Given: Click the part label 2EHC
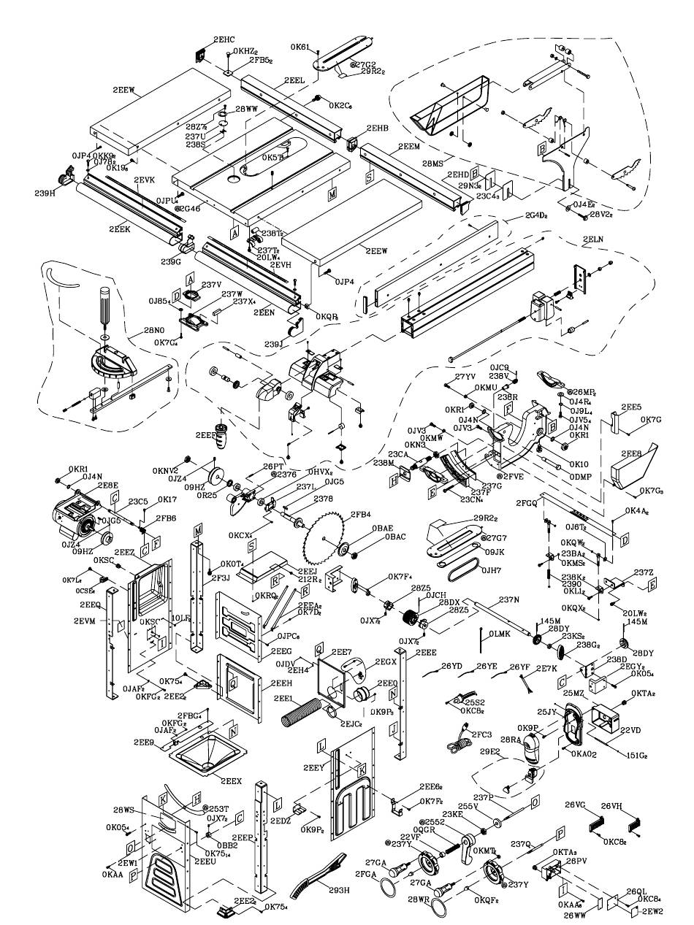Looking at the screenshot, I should (224, 39).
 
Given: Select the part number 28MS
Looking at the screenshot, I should (433, 163).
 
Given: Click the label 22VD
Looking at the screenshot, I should (630, 729).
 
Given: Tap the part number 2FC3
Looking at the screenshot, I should (481, 733).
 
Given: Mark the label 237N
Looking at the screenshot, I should (509, 599).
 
